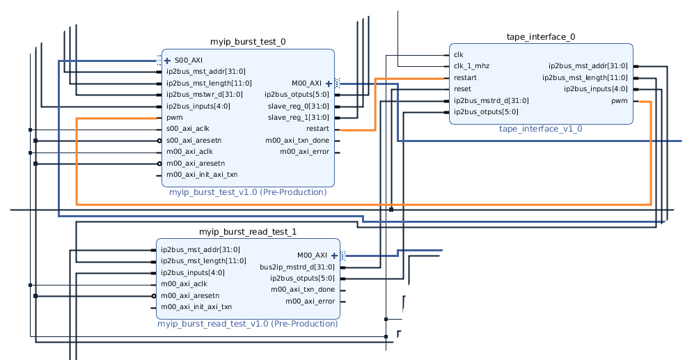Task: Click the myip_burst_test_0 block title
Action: click(x=248, y=42)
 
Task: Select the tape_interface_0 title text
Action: click(x=541, y=37)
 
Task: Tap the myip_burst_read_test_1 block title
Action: click(x=248, y=232)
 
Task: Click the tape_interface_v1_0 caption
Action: click(x=540, y=129)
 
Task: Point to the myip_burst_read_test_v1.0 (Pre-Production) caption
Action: click(x=248, y=323)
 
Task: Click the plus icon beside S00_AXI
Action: click(x=167, y=61)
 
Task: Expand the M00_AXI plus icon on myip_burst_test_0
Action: click(x=329, y=84)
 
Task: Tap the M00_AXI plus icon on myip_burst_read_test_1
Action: click(x=334, y=256)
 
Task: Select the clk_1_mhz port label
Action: click(x=471, y=66)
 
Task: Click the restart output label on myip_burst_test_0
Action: click(x=317, y=129)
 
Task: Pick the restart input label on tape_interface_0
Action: click(x=465, y=78)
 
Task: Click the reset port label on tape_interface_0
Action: click(x=462, y=89)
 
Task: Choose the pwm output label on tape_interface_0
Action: click(x=619, y=101)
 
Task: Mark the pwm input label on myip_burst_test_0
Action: click(x=173, y=118)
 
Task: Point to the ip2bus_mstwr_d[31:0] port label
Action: click(x=204, y=95)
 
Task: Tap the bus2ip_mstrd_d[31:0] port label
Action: click(x=297, y=267)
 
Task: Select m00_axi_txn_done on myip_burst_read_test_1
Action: click(x=303, y=290)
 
